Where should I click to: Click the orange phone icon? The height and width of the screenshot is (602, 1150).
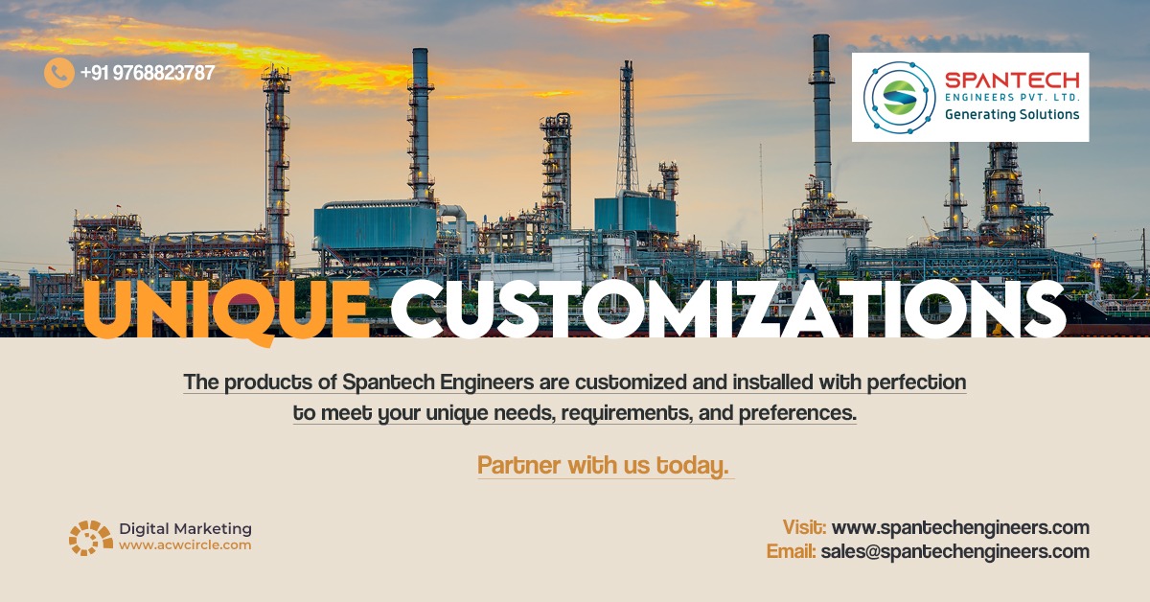tap(58, 73)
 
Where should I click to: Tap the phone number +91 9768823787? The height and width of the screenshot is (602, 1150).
tap(147, 73)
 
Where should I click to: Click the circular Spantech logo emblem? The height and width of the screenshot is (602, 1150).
tap(899, 97)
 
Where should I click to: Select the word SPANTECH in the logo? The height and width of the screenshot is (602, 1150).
tap(1012, 80)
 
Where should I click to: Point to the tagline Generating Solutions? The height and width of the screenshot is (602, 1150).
tap(1012, 114)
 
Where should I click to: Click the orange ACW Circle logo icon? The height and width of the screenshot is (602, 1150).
tap(90, 537)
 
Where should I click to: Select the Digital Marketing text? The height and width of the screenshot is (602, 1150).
tap(185, 528)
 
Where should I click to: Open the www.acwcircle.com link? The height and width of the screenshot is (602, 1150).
tap(185, 544)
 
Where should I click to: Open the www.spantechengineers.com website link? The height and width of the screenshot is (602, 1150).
tap(960, 527)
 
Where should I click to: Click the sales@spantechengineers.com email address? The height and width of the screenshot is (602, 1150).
tap(954, 551)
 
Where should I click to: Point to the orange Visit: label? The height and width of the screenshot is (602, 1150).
tap(804, 527)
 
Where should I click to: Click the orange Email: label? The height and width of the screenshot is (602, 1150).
tap(791, 551)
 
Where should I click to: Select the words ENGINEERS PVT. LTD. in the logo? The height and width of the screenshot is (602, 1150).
tap(1012, 98)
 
